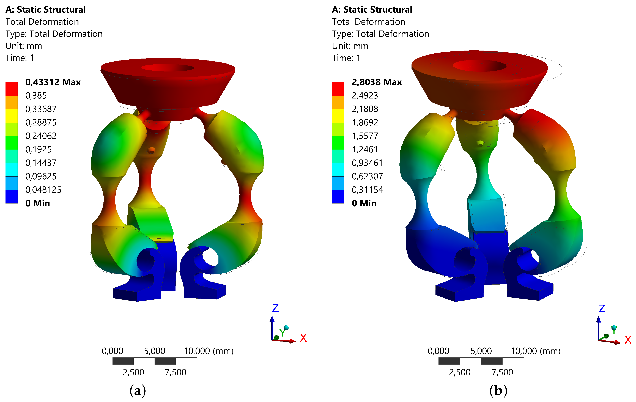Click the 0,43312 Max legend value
coord(53,82)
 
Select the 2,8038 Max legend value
coord(377,82)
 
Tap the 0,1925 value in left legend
coord(38,150)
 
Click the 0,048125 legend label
coord(43,190)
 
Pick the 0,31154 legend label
coord(367,190)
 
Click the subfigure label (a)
coord(138,390)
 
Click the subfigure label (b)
coord(498,390)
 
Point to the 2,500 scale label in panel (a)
coord(133,372)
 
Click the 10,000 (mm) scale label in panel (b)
coord(535,351)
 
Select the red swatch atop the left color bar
coord(12,89)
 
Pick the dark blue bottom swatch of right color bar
coord(338,197)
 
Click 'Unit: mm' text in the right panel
coord(350,46)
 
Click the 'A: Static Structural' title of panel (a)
coord(45,10)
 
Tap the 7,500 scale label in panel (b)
coord(502,372)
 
